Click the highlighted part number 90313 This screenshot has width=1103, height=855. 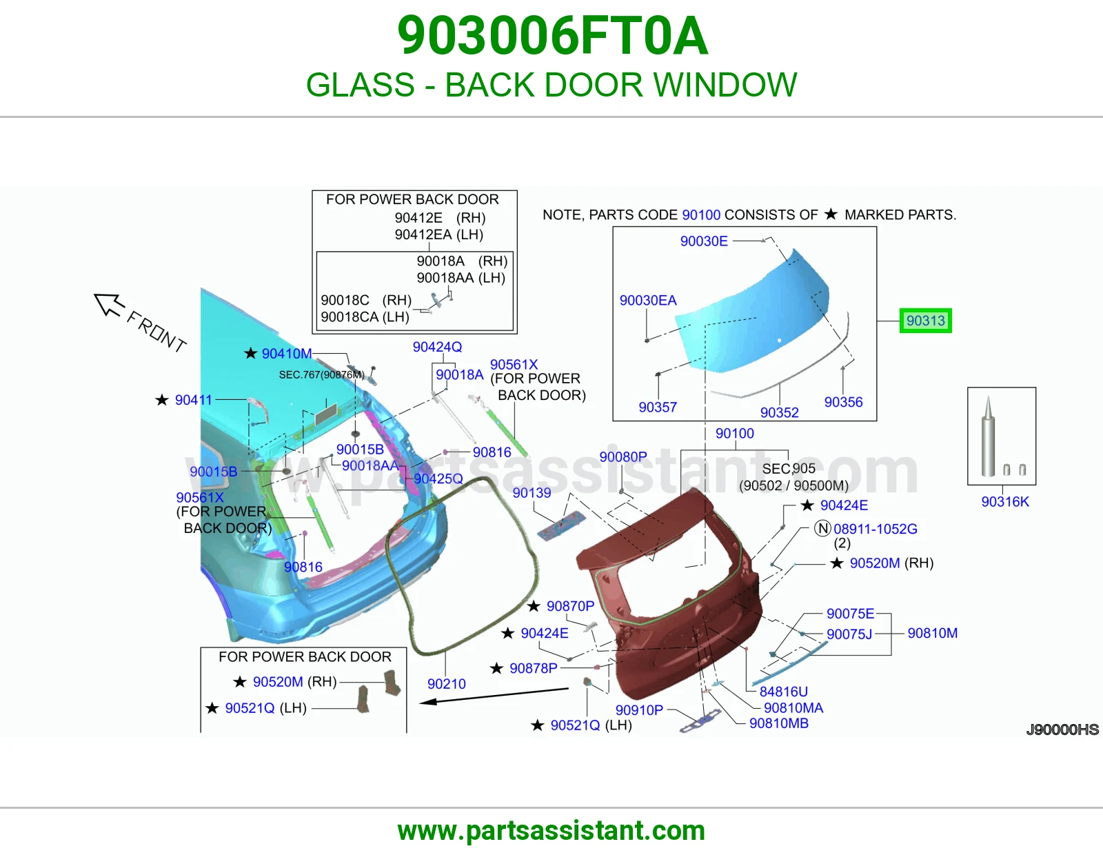(x=925, y=321)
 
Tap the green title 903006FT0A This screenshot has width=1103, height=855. (x=552, y=36)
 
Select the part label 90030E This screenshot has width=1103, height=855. (x=704, y=241)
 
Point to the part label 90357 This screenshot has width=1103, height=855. (x=658, y=408)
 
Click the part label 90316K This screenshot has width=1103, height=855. (x=1004, y=502)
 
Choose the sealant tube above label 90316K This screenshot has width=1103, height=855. (x=987, y=436)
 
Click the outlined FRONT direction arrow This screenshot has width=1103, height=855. (x=109, y=305)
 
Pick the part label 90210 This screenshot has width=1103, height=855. (x=446, y=684)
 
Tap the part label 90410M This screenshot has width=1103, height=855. (x=286, y=354)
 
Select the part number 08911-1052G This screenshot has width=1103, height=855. (x=875, y=529)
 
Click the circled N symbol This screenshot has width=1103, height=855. (x=822, y=529)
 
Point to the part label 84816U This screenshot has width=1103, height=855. (x=783, y=692)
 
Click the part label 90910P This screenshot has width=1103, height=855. (x=639, y=710)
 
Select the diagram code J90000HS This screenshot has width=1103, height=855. (x=1062, y=730)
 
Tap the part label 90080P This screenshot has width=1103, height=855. (x=623, y=457)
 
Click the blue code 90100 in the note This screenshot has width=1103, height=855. (x=701, y=214)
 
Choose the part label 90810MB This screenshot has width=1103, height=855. (x=778, y=723)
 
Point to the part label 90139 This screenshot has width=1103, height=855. (x=532, y=493)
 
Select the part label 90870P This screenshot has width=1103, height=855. (x=570, y=606)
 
